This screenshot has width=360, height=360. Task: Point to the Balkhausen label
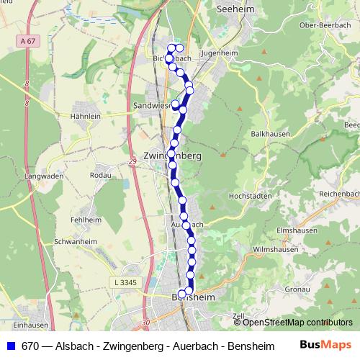coord(271,135)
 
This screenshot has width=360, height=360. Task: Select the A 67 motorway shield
coord(28,42)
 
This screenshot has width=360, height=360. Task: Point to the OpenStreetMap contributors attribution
coord(293,322)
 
